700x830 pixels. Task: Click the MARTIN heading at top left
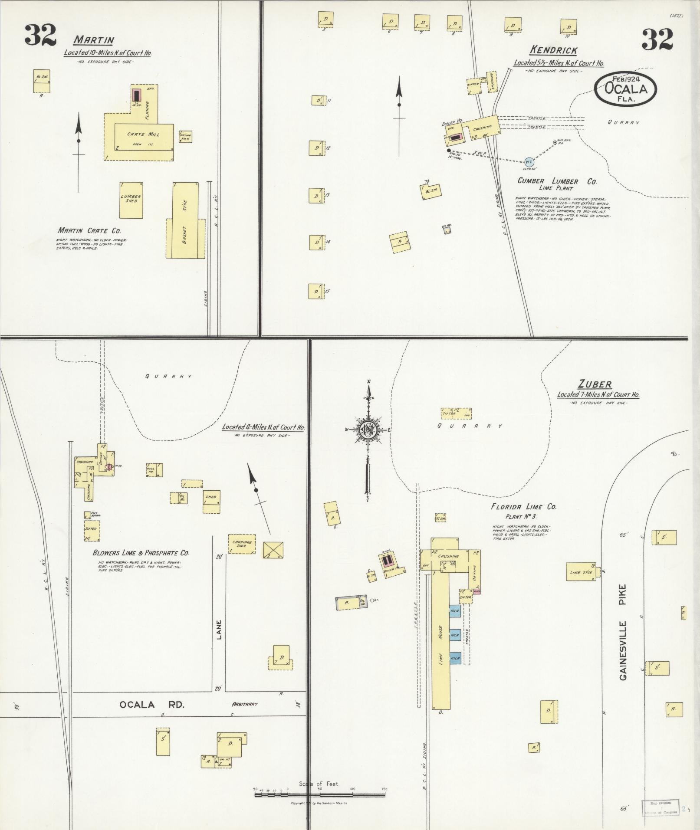click(x=93, y=40)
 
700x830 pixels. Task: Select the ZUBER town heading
click(x=595, y=384)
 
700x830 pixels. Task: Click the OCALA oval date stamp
click(x=625, y=89)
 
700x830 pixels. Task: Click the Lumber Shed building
click(x=131, y=200)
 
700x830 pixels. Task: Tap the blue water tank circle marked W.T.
click(x=529, y=162)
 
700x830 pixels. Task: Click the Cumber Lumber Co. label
click(x=557, y=181)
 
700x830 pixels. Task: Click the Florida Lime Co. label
click(x=523, y=507)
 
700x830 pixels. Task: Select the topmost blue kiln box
click(x=454, y=611)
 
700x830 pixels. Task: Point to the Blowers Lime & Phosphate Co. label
click(x=141, y=553)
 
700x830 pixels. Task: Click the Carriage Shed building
click(x=242, y=544)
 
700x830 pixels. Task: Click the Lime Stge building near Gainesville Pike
click(x=581, y=572)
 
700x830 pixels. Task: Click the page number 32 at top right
click(x=657, y=39)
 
